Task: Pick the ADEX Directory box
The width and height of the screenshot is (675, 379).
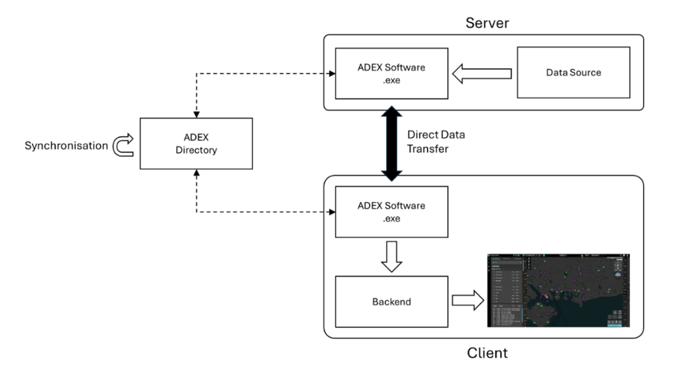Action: [196, 144]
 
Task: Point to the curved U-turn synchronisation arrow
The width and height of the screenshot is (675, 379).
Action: [123, 144]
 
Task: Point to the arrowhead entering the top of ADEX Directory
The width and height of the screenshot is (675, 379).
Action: [196, 114]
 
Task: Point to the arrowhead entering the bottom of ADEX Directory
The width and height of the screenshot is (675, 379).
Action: [196, 173]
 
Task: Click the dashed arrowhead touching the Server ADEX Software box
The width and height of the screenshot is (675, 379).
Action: [332, 73]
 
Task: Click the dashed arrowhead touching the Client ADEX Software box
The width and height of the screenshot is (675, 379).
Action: [332, 212]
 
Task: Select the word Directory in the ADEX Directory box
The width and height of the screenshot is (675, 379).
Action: [196, 150]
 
